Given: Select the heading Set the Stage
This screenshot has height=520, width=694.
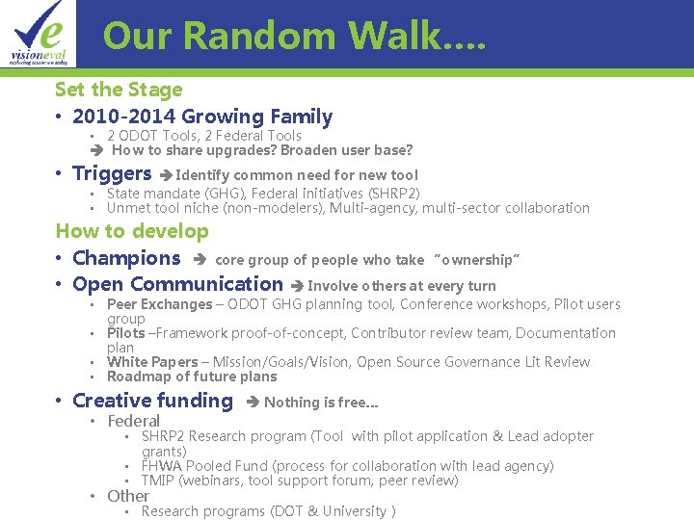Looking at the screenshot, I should click(x=119, y=90).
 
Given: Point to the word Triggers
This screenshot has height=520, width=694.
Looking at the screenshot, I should click(x=112, y=174).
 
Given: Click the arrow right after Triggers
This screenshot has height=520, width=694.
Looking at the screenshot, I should click(x=166, y=175).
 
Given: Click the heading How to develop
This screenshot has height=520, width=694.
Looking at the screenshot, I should click(x=132, y=231).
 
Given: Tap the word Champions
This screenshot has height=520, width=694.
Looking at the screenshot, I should click(x=126, y=258).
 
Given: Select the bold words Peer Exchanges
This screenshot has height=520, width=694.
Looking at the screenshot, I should click(x=159, y=304).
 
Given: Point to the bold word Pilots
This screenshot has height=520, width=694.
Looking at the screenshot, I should click(x=126, y=333).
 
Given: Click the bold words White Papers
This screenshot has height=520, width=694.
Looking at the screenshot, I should click(x=151, y=362).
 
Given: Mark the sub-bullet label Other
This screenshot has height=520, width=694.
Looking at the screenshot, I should click(x=128, y=496).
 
